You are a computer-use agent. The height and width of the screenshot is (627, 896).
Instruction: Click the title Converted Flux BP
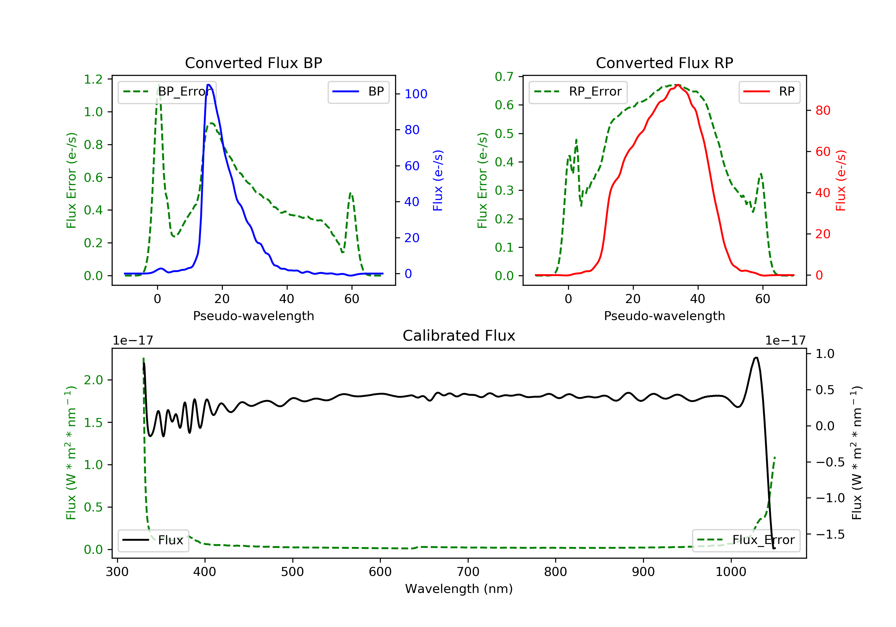(253, 63)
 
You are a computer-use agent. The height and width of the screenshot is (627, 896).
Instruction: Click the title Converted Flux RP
(664, 63)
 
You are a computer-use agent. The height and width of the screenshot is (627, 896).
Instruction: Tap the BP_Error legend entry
(167, 92)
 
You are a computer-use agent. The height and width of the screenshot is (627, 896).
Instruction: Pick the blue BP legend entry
(358, 92)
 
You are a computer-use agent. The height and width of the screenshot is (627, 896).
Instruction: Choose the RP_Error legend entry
(578, 92)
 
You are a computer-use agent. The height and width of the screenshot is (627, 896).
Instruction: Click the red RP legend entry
(769, 92)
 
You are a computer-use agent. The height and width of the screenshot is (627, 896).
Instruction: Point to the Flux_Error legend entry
(746, 540)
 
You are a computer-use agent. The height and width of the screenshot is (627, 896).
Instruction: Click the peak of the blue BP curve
(209, 85)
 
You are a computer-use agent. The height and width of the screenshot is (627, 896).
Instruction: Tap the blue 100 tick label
(416, 94)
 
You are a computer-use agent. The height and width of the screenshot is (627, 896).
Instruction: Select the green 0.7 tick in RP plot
(504, 76)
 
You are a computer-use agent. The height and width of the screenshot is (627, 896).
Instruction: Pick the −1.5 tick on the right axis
(830, 534)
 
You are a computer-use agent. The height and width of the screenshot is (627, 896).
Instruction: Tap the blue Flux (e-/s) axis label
(438, 180)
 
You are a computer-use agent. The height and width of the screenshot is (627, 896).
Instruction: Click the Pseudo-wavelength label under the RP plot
(664, 316)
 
